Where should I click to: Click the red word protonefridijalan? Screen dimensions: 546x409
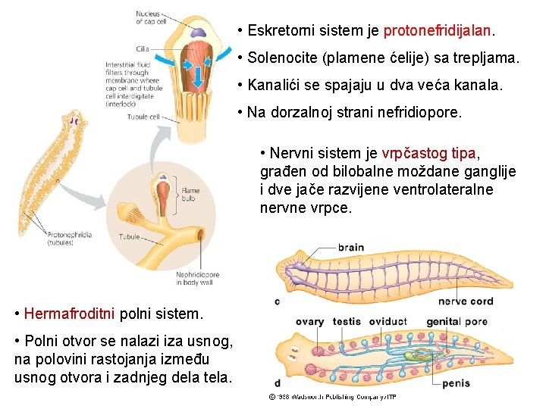click(438, 32)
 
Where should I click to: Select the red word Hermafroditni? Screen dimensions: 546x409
click(69, 313)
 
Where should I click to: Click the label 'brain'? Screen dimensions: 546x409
click(350, 247)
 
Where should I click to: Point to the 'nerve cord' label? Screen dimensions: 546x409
click(466, 301)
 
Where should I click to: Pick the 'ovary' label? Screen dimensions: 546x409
click(309, 322)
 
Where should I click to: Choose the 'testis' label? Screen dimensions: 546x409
click(347, 322)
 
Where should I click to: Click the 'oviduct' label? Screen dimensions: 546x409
click(387, 322)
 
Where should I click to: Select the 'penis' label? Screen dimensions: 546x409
click(455, 383)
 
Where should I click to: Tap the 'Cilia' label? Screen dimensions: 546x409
click(143, 48)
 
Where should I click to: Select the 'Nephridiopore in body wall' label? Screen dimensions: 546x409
click(197, 279)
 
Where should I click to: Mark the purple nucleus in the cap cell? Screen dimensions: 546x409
click(196, 33)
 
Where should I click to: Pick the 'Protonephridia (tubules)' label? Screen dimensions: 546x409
click(69, 239)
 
